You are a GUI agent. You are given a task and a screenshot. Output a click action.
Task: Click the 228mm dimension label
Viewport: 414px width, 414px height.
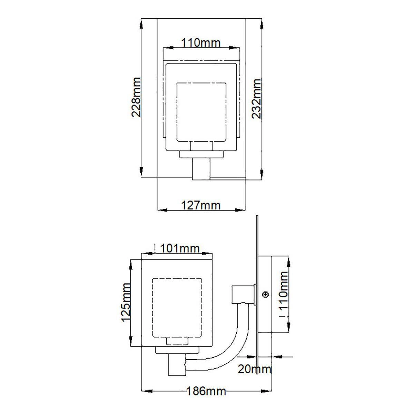[x=136, y=97]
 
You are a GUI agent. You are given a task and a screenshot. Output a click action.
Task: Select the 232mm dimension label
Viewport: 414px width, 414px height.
[x=256, y=99]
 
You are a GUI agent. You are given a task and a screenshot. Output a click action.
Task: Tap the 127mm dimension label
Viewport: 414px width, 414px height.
[x=201, y=205]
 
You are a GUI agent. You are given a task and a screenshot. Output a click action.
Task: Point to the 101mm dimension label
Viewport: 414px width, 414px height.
[x=180, y=248]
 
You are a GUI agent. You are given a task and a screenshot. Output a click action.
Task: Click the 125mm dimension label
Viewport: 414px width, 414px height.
[x=126, y=302]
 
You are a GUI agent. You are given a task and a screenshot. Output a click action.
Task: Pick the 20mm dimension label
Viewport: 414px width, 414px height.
[x=254, y=369]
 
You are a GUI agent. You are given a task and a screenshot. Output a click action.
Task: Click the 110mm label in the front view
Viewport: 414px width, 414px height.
[x=201, y=43]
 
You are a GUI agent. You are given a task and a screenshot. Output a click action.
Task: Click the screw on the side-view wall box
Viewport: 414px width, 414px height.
[x=266, y=294]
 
